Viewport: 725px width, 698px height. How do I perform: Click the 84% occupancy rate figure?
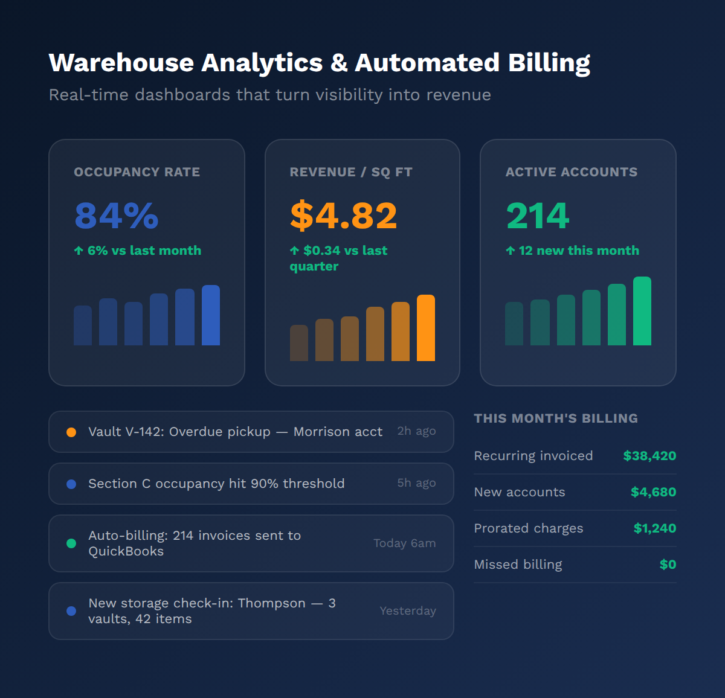[x=116, y=216]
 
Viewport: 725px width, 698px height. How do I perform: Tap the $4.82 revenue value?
[x=343, y=216]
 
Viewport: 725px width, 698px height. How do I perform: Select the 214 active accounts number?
[x=538, y=216]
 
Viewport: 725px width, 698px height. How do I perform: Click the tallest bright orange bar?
[x=426, y=328]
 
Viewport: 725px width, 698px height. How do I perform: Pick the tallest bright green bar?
[x=642, y=311]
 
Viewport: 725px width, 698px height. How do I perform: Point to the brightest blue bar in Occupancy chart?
[x=211, y=315]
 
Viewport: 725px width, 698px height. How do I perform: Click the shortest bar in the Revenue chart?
[x=299, y=343]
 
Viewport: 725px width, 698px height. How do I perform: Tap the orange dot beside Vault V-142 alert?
[x=71, y=432]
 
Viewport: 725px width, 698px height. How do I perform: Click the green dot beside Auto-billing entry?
[x=71, y=543]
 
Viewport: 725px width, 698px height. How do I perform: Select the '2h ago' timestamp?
[x=416, y=431]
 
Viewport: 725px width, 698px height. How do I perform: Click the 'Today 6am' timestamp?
[x=404, y=543]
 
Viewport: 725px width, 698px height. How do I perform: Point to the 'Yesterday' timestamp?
[x=408, y=611]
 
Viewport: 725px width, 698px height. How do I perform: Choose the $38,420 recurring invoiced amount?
[x=649, y=456]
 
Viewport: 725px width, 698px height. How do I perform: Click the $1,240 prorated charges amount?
[x=654, y=528]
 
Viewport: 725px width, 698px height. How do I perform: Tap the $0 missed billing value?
[x=668, y=565]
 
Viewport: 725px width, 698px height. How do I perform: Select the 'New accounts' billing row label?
[x=520, y=492]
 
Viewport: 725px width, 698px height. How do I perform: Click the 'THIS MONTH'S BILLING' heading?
[x=556, y=418]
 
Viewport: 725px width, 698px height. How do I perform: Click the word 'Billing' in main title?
[x=549, y=63]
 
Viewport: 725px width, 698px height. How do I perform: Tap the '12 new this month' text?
[x=578, y=251]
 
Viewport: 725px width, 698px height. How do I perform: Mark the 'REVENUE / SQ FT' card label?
[x=351, y=172]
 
